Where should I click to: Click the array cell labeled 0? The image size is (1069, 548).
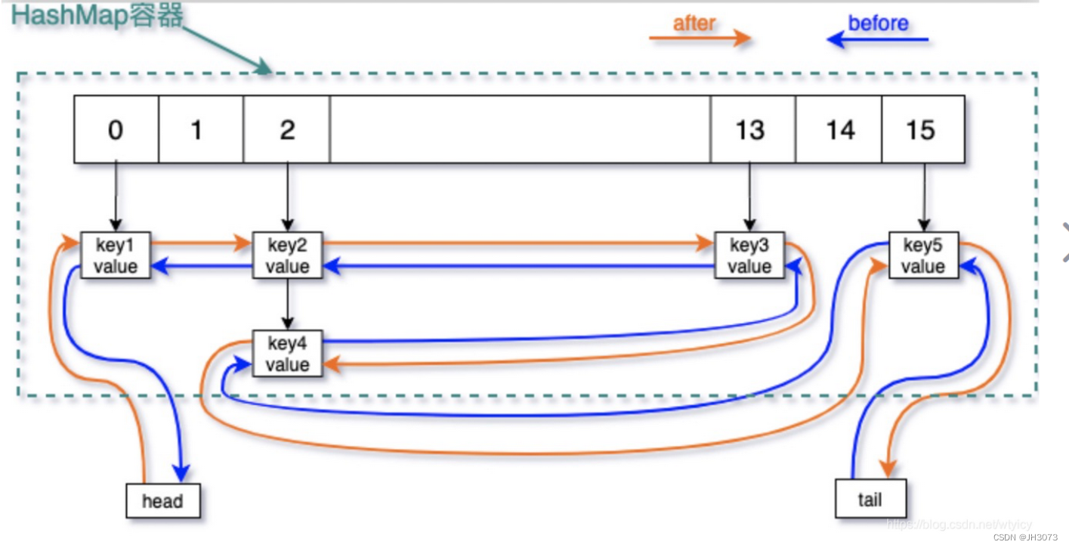[116, 129]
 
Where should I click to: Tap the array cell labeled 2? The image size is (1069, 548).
[286, 129]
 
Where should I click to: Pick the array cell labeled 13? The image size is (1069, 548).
[752, 129]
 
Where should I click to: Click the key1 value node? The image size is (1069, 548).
[116, 255]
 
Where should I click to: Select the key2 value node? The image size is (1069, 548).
[287, 255]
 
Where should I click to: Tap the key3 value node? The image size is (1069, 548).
[749, 255]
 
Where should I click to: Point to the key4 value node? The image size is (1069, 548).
[287, 354]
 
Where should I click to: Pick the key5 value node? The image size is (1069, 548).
[922, 255]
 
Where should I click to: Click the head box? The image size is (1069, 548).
[162, 500]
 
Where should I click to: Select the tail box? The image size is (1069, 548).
[870, 499]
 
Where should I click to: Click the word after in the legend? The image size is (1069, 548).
[694, 24]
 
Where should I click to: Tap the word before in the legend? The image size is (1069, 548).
[878, 23]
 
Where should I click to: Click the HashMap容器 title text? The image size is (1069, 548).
[97, 15]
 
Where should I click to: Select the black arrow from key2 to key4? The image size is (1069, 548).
[287, 304]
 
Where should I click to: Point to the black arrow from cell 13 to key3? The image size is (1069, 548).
[749, 197]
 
